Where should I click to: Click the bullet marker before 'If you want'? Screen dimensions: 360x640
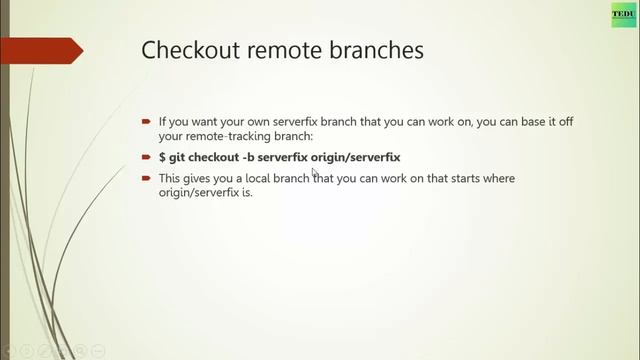click(146, 121)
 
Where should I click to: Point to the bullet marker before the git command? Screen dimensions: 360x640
click(146, 157)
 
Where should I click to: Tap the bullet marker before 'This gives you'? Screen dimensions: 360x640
click(146, 178)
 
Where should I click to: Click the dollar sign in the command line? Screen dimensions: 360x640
click(163, 157)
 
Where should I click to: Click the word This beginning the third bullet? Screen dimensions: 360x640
click(171, 178)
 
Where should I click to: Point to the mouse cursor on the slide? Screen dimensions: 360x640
click(315, 171)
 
